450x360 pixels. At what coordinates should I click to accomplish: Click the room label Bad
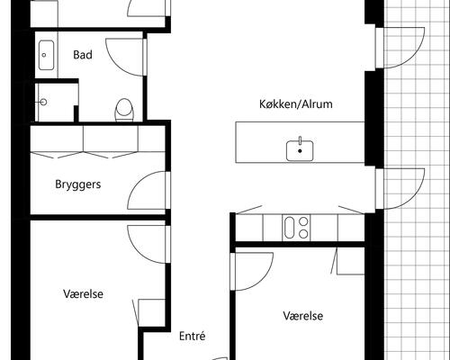coord(83,55)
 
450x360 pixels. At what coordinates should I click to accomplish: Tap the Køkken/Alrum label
coord(294,104)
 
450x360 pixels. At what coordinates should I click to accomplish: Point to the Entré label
coord(193,337)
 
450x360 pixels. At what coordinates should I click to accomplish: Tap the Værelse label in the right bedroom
coord(303,316)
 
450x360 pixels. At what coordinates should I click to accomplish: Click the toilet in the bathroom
coord(125,109)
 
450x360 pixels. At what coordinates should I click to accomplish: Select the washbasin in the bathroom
coord(47,56)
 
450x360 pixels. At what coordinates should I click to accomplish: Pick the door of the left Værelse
coord(145,241)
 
